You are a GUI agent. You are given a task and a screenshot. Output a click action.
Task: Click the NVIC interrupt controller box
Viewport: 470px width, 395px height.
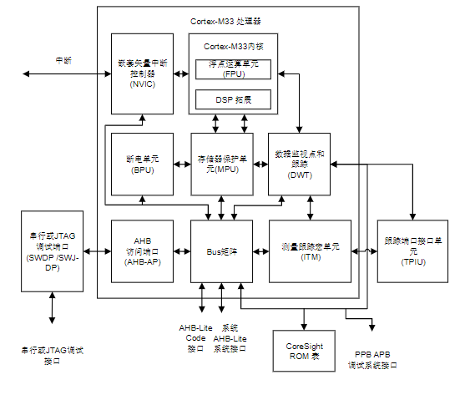(x=142, y=73)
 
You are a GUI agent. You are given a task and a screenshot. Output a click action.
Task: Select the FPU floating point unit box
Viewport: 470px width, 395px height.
(x=233, y=68)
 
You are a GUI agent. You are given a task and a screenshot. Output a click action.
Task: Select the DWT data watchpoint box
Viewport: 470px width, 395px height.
(x=299, y=164)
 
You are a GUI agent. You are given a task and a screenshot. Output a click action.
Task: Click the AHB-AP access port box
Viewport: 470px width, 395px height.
(x=142, y=251)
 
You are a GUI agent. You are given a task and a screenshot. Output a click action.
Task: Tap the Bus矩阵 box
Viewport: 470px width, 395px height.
(x=221, y=251)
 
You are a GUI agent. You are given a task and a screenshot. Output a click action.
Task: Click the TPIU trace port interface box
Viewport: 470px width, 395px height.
(x=412, y=251)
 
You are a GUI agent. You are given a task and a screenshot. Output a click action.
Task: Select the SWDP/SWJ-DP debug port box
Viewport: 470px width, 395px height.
(x=53, y=251)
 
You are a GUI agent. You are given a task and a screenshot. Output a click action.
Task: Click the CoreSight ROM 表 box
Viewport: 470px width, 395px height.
(x=304, y=350)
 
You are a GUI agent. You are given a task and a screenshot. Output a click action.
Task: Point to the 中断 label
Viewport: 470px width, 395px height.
(x=63, y=60)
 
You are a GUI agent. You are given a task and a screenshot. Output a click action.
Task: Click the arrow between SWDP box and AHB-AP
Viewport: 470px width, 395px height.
(x=97, y=251)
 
